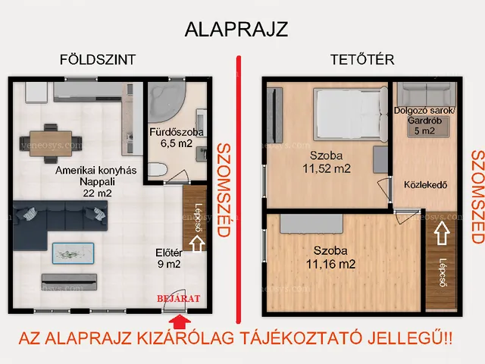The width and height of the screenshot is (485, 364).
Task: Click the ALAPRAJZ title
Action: tap(236, 30)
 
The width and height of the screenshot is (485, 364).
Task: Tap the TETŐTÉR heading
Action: tap(361, 60)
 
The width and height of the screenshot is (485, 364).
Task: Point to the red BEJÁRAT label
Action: tap(179, 299)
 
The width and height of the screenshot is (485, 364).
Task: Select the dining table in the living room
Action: tap(52, 140)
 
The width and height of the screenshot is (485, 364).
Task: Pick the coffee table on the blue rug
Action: tap(73, 252)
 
